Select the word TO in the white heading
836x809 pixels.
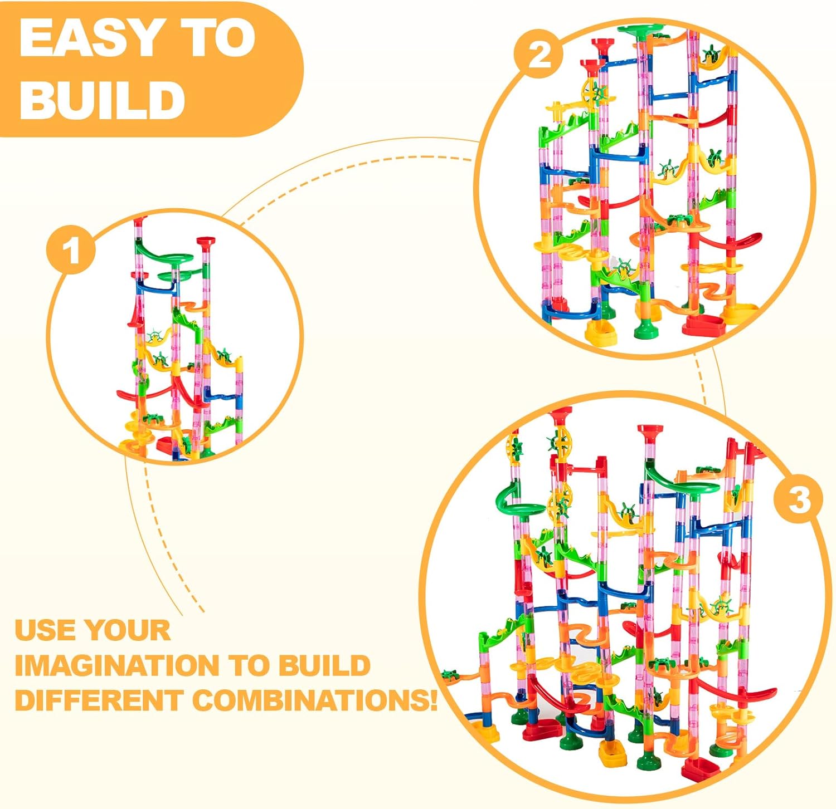[x=220, y=39]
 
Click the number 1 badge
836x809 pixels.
[x=71, y=251]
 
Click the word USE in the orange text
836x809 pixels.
[x=45, y=630]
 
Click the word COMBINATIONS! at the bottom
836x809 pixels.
[x=315, y=700]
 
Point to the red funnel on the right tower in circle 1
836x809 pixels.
[x=205, y=242]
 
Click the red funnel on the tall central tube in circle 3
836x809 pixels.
[x=650, y=432]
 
